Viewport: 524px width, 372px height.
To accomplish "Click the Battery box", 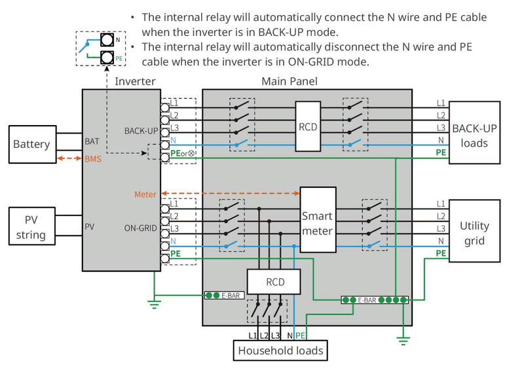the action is pyautogui.click(x=32, y=144).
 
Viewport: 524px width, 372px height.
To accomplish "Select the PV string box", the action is pyautogui.click(x=31, y=226).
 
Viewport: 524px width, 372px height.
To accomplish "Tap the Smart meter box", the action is pyautogui.click(x=318, y=219).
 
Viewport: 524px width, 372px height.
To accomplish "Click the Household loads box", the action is pyautogui.click(x=280, y=350).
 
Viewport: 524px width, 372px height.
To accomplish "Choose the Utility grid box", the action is pyautogui.click(x=474, y=231).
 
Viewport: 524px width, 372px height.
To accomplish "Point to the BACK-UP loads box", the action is pyautogui.click(x=474, y=133).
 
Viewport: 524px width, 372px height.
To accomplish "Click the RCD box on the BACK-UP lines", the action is pyautogui.click(x=308, y=126).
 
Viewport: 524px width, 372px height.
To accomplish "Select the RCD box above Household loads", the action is pyautogui.click(x=274, y=282).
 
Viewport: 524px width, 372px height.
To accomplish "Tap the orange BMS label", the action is pyautogui.click(x=93, y=159).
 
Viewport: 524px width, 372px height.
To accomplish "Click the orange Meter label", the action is pyautogui.click(x=145, y=195).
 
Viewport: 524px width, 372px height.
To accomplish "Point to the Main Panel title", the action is pyautogui.click(x=290, y=81).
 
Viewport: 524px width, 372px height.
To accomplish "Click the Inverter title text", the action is pyautogui.click(x=135, y=81).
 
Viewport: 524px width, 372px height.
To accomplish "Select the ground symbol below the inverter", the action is pyautogui.click(x=154, y=305).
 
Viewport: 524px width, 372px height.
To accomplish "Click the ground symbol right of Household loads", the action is pyautogui.click(x=403, y=341).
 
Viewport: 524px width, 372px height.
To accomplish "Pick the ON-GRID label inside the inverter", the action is pyautogui.click(x=140, y=229).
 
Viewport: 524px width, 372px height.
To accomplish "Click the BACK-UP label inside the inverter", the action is pyautogui.click(x=141, y=131).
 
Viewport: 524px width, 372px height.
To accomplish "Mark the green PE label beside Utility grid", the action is pyautogui.click(x=441, y=253).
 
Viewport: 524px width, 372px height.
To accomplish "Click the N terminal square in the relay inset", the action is pyautogui.click(x=107, y=40).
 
